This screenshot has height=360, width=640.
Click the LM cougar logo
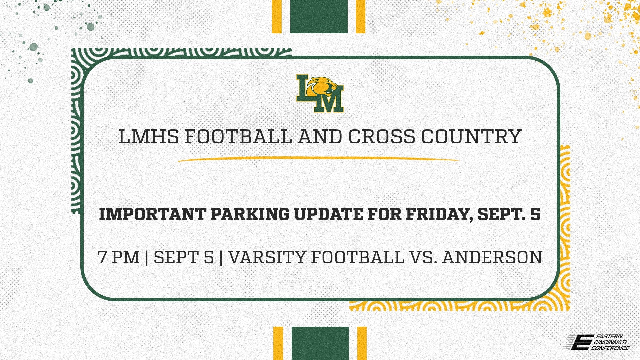click(320, 93)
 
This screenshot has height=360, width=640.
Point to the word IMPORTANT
click(152, 214)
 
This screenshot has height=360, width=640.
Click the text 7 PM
click(119, 258)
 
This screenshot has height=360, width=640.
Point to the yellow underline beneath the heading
click(318, 159)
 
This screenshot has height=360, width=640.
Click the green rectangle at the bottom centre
click(320, 343)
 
